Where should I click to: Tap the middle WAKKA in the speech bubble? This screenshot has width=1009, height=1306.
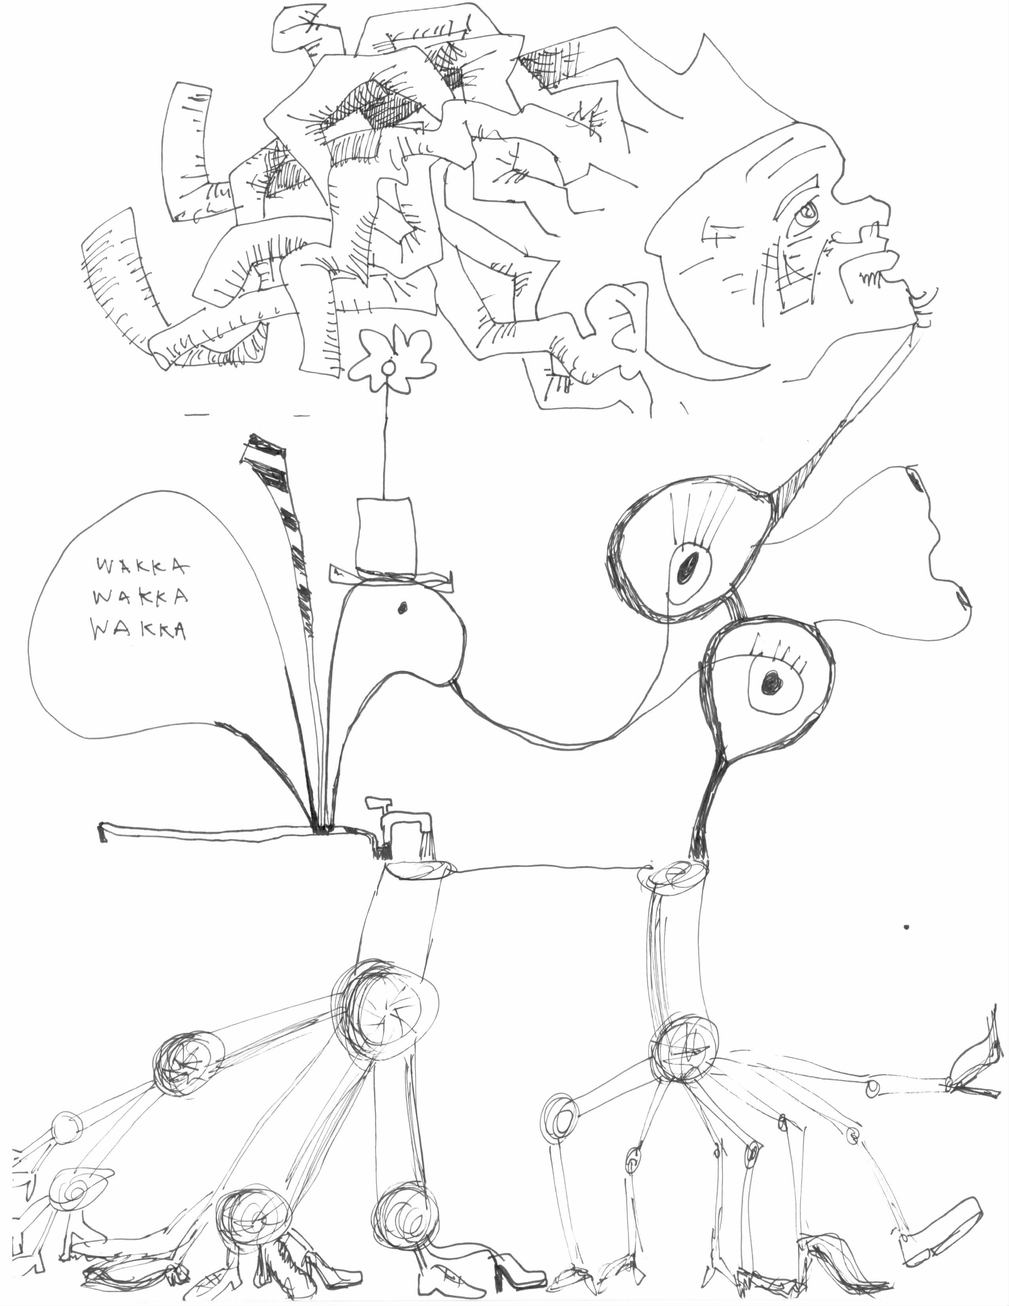pyautogui.click(x=142, y=597)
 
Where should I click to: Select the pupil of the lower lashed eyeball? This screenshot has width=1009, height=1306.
pyautogui.click(x=772, y=680)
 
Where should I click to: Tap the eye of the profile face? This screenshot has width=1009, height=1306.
pyautogui.click(x=808, y=212)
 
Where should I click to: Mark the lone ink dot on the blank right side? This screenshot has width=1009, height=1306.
pyautogui.click(x=907, y=928)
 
